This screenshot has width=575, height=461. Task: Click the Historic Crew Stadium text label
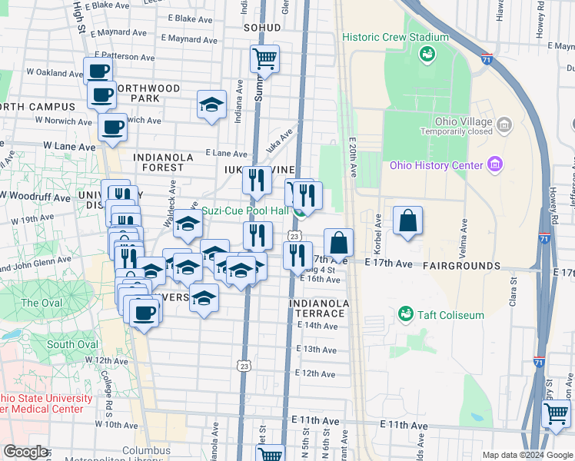pyautogui.click(x=395, y=37)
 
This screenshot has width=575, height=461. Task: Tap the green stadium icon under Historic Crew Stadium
pyautogui.click(x=427, y=54)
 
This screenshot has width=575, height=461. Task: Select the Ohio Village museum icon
pyautogui.click(x=504, y=124)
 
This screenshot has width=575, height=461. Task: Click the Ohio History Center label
pyautogui.click(x=435, y=164)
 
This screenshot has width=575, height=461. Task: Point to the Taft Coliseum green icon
pyautogui.click(x=405, y=313)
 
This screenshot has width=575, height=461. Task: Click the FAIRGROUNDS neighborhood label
pyautogui.click(x=461, y=265)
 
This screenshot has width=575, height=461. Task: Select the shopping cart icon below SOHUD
pyautogui.click(x=264, y=58)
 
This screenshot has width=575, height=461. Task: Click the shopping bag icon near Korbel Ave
pyautogui.click(x=407, y=221)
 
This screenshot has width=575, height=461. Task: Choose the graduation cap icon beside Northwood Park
pyautogui.click(x=211, y=105)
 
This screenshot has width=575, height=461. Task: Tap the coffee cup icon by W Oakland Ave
pyautogui.click(x=98, y=71)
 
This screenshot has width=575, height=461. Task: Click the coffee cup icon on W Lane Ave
pyautogui.click(x=112, y=128)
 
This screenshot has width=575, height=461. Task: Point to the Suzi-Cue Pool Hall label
pyautogui.click(x=244, y=211)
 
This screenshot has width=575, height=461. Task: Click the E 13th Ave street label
pyautogui.click(x=317, y=350)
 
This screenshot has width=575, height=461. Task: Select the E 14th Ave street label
pyautogui.click(x=317, y=326)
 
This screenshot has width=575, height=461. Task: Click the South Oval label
pyautogui.click(x=71, y=344)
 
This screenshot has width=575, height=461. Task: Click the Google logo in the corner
pyautogui.click(x=25, y=451)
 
